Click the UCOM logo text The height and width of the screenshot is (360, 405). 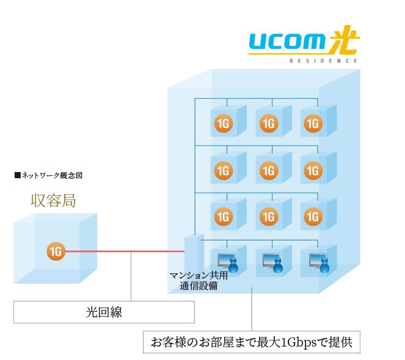[x=285, y=41]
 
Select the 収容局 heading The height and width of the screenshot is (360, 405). [x=53, y=200]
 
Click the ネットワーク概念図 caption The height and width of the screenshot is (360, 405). [x=48, y=175]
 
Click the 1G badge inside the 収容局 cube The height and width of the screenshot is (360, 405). [x=56, y=251]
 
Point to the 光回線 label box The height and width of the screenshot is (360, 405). [x=104, y=313]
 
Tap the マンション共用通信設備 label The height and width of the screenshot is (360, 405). [x=199, y=280]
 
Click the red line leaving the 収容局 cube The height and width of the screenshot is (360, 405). [x=122, y=251]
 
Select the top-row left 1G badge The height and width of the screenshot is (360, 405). [x=223, y=124]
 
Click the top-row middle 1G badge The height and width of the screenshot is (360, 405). [x=268, y=124]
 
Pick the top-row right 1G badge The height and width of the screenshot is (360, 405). [x=312, y=124]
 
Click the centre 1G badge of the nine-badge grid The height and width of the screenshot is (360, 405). [x=268, y=170]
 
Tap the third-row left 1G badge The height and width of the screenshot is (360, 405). [x=223, y=216]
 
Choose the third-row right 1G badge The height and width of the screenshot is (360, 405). [x=312, y=216]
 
